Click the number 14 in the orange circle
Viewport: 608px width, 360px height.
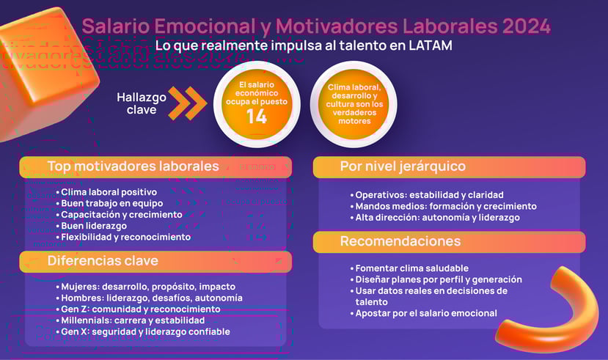tap(256, 117)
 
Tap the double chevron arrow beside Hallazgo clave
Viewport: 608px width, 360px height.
tap(188, 103)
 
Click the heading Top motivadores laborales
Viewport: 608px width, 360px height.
tap(133, 166)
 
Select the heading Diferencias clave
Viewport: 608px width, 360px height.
tap(103, 260)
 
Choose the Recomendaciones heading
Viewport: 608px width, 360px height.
tap(400, 241)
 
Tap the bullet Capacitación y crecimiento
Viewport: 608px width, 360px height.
tap(121, 215)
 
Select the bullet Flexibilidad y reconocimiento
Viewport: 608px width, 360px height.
tap(125, 237)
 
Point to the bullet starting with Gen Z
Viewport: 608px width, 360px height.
tap(141, 309)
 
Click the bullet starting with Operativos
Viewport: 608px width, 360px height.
tap(429, 195)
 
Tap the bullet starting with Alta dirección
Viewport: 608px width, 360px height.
tap(437, 218)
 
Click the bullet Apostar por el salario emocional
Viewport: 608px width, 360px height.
tap(426, 313)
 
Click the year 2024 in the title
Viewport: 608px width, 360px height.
tap(525, 26)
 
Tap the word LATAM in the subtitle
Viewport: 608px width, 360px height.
tap(428, 45)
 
